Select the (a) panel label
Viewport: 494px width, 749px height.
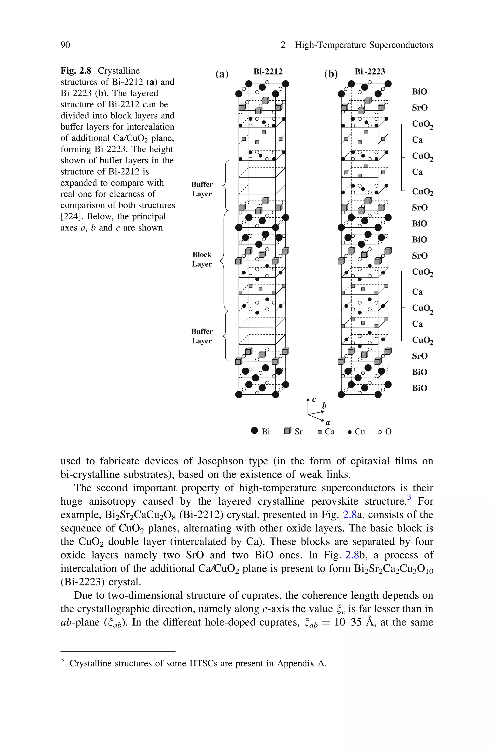[x=222, y=74]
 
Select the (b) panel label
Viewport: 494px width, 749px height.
[x=331, y=74]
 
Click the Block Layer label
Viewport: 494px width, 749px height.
[x=202, y=259]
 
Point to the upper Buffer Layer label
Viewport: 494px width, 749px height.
[x=202, y=189]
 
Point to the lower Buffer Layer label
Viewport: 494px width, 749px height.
[x=202, y=336]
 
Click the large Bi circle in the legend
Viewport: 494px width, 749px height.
[x=254, y=431]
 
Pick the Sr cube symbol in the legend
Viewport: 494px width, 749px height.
[x=288, y=431]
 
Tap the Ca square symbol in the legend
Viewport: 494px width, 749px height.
[x=319, y=432]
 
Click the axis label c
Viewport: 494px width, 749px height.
[x=314, y=399]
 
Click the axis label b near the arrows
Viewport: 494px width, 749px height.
[x=324, y=406]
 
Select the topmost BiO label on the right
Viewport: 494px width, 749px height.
[x=419, y=92]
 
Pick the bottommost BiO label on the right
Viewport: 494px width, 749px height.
[x=419, y=388]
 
